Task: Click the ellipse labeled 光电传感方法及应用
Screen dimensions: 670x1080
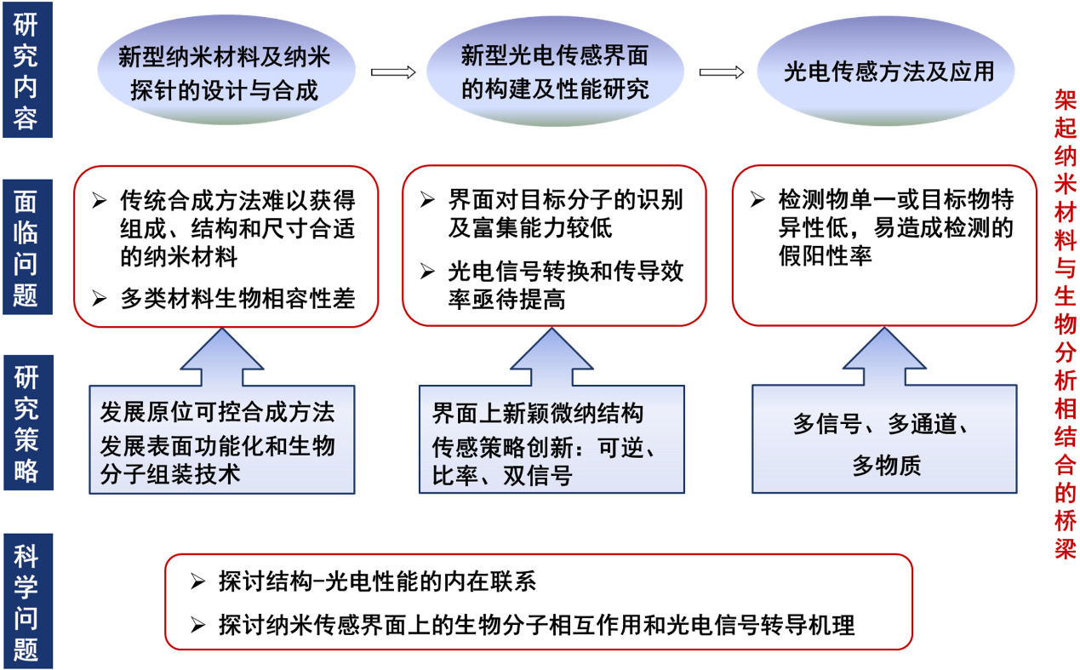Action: tap(888, 72)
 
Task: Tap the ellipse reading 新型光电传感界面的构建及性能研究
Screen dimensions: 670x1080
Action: tap(554, 72)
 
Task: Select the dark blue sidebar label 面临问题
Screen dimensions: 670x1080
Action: tap(26, 246)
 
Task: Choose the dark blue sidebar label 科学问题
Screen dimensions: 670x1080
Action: tap(26, 601)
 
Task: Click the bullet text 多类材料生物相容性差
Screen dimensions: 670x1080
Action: tap(237, 299)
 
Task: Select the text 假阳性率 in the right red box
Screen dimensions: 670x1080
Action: tap(824, 255)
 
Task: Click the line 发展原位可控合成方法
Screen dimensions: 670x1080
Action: tap(217, 413)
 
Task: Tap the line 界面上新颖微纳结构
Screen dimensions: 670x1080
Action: tap(538, 414)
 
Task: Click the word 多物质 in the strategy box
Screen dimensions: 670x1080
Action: tap(886, 465)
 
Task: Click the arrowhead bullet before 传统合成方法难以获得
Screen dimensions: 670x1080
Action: tap(100, 202)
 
